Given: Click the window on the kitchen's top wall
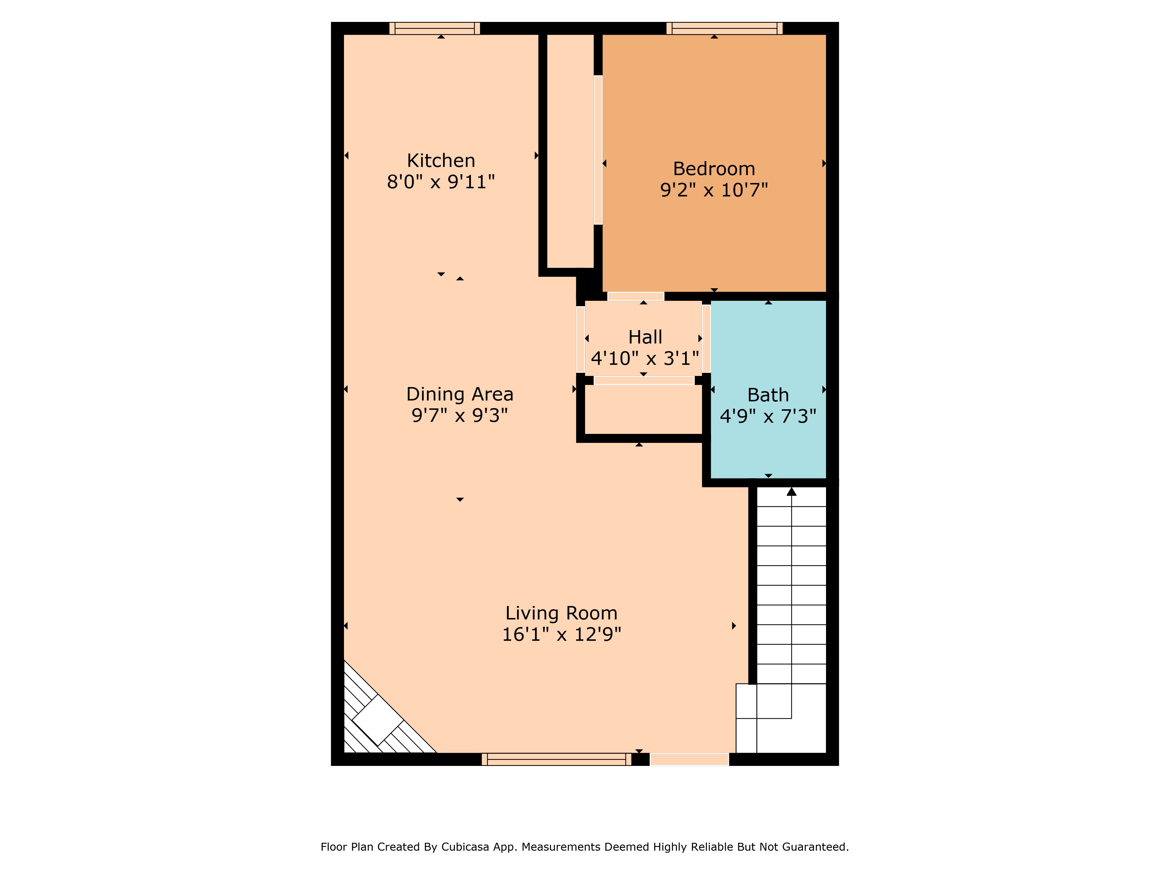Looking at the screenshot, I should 434,29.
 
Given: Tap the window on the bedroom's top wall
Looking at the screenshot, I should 724,29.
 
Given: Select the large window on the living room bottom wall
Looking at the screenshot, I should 556,759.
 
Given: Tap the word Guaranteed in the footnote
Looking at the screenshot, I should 815,847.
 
